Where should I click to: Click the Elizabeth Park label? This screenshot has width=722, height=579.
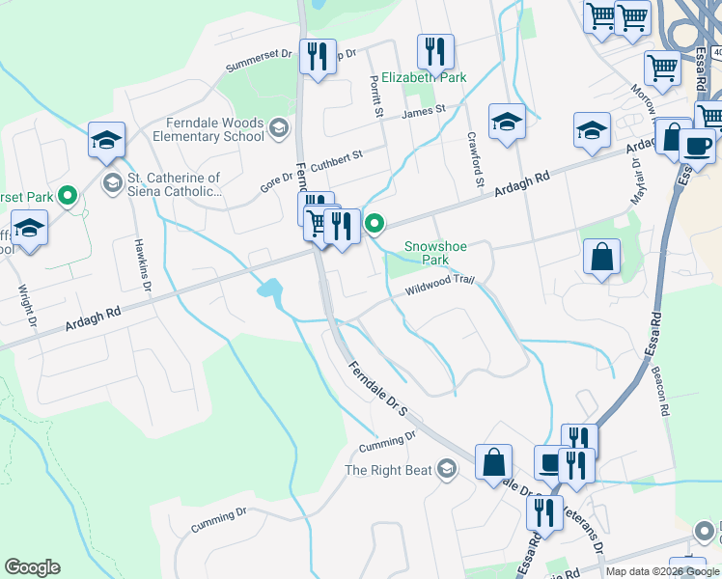pos(424,77)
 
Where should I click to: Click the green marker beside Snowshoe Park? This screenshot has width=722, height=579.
pos(375,225)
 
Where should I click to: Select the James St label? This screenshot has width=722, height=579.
pos(424,112)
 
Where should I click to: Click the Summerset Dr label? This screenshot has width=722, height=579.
pos(258,61)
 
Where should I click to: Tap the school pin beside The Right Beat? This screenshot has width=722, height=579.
pos(446,470)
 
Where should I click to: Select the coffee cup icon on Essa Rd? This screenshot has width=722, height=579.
pos(697,145)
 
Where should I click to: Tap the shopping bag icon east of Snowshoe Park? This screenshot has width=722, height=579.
pos(601,257)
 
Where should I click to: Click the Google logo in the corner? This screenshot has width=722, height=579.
pos(32,567)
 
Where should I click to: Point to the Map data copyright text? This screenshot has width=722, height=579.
pos(661,571)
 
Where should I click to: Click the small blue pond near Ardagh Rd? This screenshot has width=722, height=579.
pos(269,289)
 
